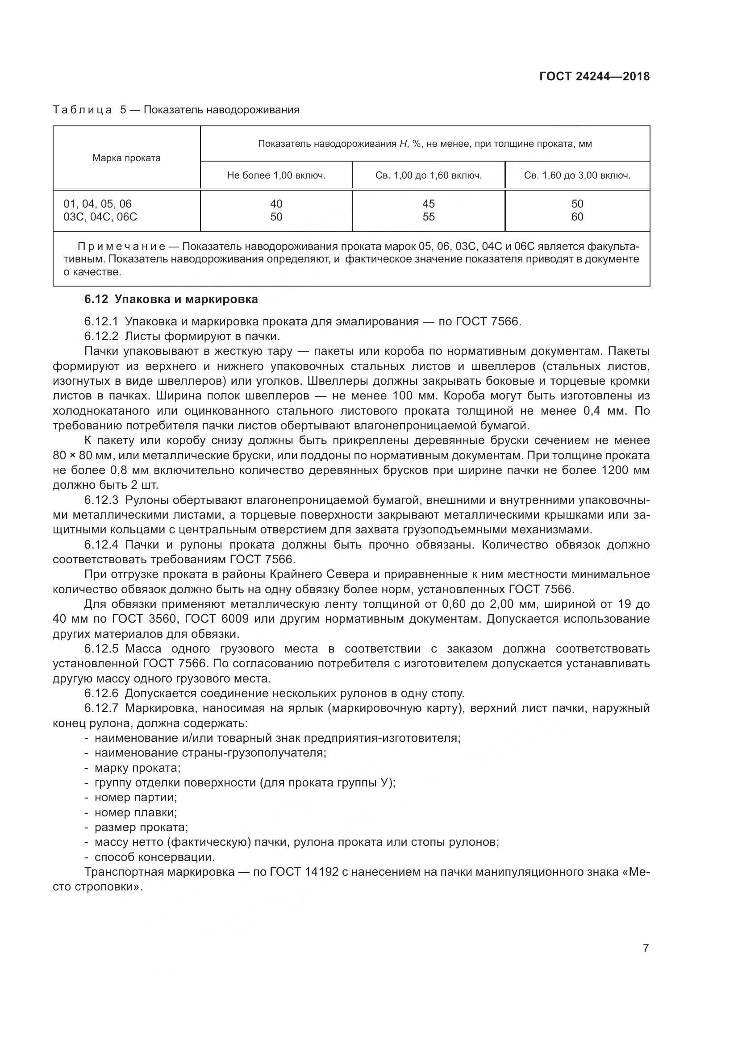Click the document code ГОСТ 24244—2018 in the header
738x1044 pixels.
[x=594, y=76]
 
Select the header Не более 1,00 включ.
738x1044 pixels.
[x=276, y=175]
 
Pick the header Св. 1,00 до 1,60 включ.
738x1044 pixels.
[x=428, y=175]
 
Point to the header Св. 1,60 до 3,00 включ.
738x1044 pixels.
[x=577, y=175]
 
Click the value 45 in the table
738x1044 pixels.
[x=428, y=204]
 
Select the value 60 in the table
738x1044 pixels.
[x=577, y=217]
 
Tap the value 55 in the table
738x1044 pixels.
[x=428, y=217]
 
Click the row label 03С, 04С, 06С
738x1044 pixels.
[x=100, y=217]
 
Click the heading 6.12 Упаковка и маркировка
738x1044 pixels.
[x=171, y=299]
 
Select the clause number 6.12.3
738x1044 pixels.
[x=101, y=500]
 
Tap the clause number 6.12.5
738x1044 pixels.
[x=101, y=649]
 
